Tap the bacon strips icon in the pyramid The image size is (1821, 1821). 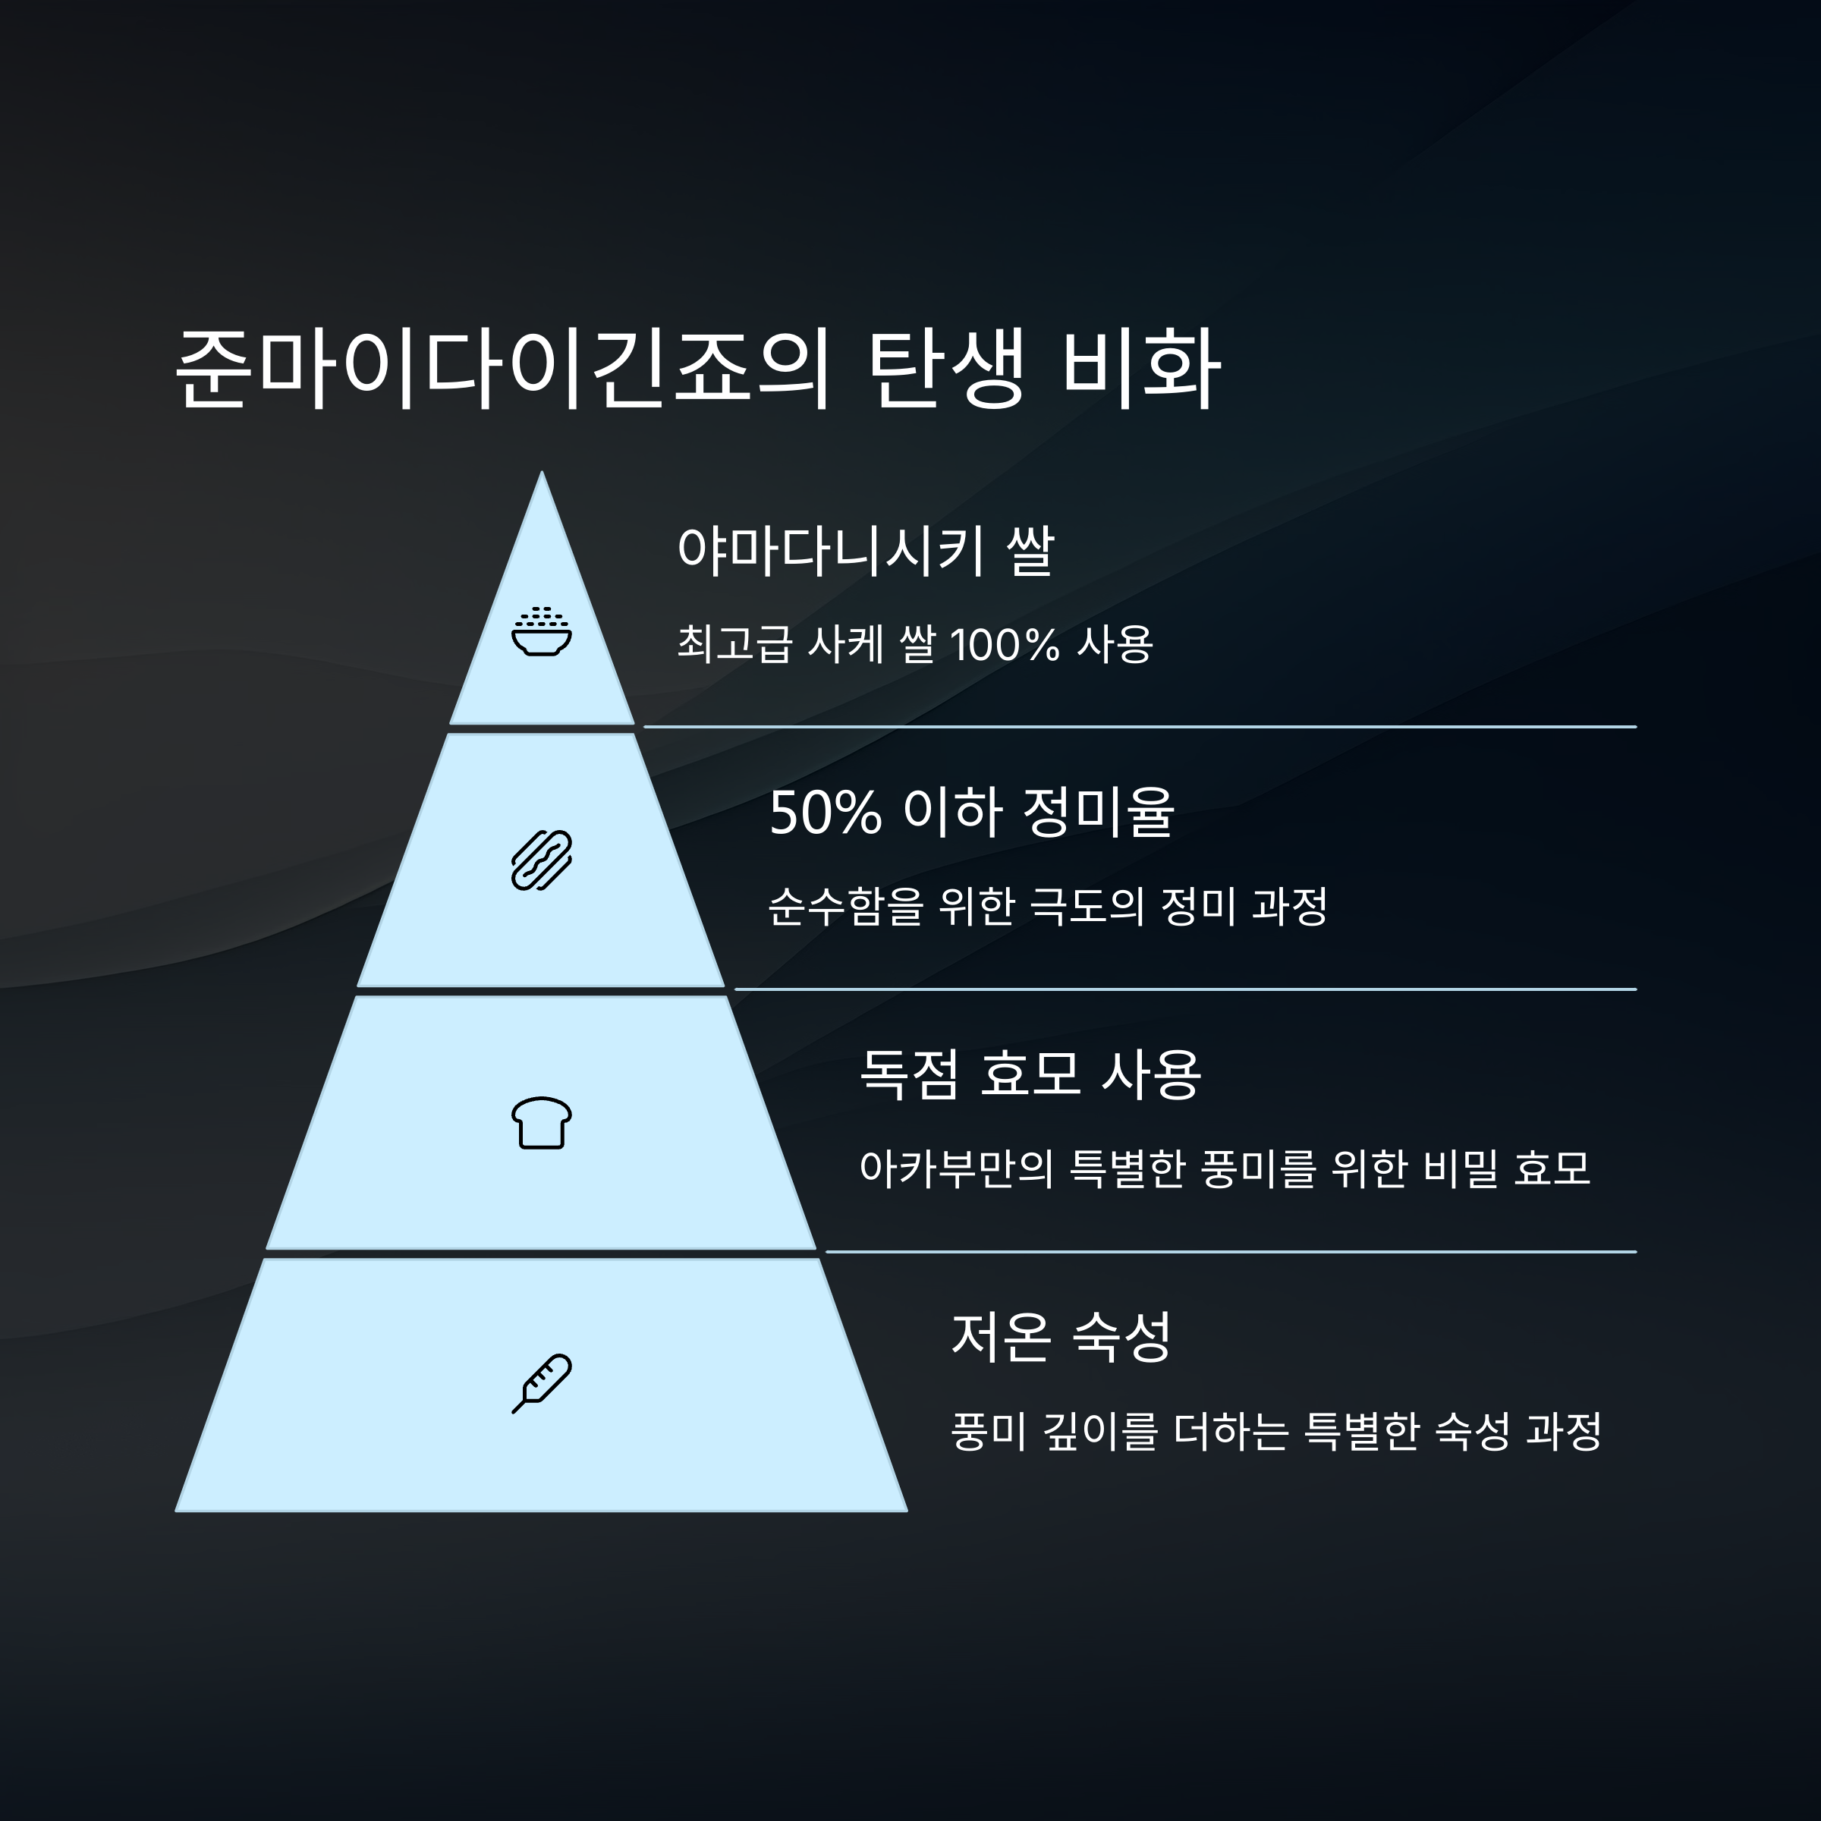541,860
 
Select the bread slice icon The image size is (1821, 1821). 541,1123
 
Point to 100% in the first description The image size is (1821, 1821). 1005,646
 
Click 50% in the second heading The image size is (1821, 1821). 825,813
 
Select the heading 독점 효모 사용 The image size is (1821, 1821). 1030,1074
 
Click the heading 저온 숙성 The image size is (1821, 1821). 1061,1336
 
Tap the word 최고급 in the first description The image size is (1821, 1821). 733,646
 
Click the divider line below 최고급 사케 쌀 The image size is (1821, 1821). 1139,727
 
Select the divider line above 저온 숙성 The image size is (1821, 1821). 1230,1252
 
